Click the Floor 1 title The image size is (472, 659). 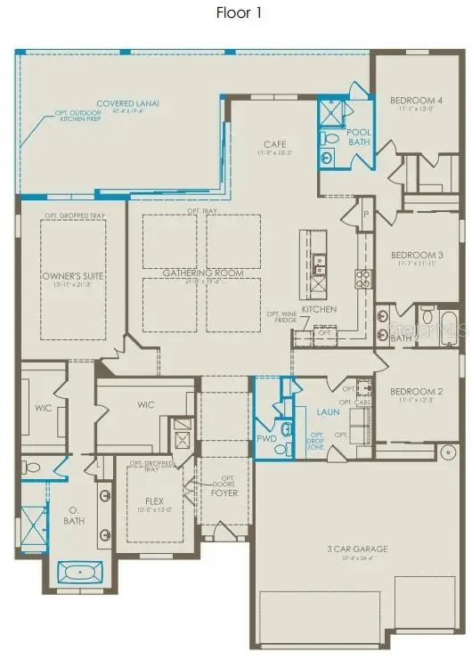pyautogui.click(x=237, y=12)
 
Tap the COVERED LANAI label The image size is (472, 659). pyautogui.click(x=128, y=104)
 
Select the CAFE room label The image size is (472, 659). pyautogui.click(x=274, y=143)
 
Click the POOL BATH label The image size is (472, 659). pyautogui.click(x=359, y=137)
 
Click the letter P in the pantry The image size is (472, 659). pyautogui.click(x=365, y=215)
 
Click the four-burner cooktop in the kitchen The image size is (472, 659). pyautogui.click(x=363, y=275)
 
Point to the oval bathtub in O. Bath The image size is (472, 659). pyautogui.click(x=74, y=570)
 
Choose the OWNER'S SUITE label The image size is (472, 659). pyautogui.click(x=74, y=276)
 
